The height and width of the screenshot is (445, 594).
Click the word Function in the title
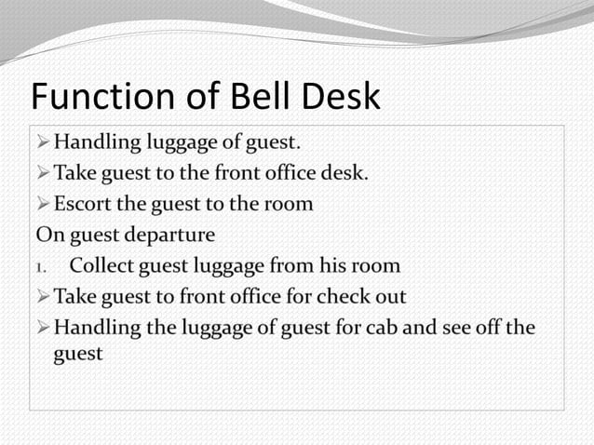(x=101, y=97)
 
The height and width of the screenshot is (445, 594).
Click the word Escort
(x=81, y=204)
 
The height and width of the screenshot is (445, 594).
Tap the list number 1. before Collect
(x=42, y=266)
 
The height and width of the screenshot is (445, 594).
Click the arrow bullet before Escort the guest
(x=43, y=204)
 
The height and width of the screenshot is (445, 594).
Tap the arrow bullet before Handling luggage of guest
(x=43, y=142)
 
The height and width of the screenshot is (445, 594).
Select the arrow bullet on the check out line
(x=43, y=297)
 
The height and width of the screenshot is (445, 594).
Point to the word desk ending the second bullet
(x=345, y=173)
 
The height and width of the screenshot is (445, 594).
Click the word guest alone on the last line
(x=78, y=355)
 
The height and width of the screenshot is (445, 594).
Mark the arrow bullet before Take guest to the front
(x=43, y=173)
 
